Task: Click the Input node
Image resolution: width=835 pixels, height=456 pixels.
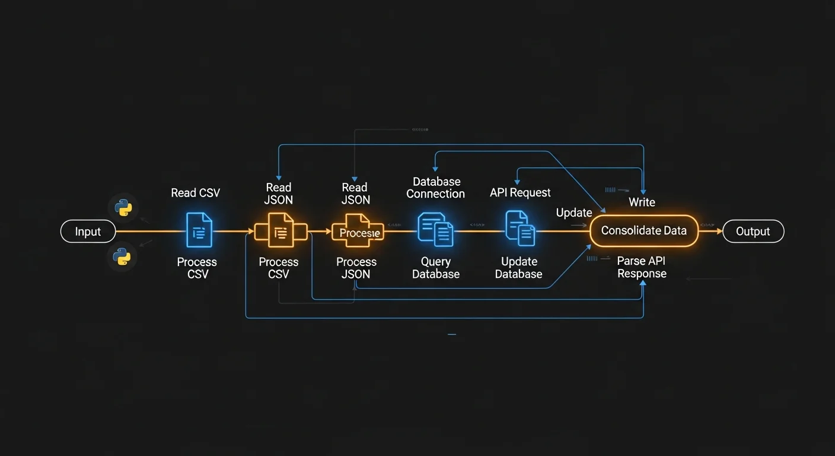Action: pyautogui.click(x=88, y=232)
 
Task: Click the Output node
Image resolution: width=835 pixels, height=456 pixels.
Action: pyautogui.click(x=753, y=232)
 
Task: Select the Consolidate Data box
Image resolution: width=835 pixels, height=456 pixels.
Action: pyautogui.click(x=644, y=231)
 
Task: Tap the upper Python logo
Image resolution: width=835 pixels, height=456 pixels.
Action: pyautogui.click(x=123, y=208)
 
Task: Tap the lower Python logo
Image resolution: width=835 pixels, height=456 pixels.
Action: pyautogui.click(x=123, y=256)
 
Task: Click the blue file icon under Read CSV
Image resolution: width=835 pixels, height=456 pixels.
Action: pyautogui.click(x=199, y=230)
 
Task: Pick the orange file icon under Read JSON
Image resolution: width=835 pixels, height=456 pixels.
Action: pyautogui.click(x=280, y=231)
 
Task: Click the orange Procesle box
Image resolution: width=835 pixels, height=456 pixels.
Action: pyautogui.click(x=358, y=232)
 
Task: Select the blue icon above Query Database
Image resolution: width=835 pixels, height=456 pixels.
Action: pyautogui.click(x=436, y=230)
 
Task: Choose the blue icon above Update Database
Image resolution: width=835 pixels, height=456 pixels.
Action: pyautogui.click(x=520, y=228)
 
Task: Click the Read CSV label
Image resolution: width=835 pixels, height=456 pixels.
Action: pyautogui.click(x=196, y=193)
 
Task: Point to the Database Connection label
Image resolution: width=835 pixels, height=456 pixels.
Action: pyautogui.click(x=436, y=188)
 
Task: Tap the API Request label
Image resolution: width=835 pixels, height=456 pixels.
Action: pyautogui.click(x=520, y=193)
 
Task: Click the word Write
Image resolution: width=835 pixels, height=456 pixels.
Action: pyautogui.click(x=642, y=202)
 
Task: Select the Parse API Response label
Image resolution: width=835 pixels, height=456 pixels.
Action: pyautogui.click(x=642, y=267)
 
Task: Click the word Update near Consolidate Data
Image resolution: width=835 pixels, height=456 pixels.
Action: pyautogui.click(x=574, y=213)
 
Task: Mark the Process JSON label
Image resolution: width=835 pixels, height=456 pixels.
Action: pyautogui.click(x=356, y=268)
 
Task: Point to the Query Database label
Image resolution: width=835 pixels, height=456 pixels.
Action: pyautogui.click(x=436, y=268)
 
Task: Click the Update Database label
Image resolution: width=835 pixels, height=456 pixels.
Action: pyautogui.click(x=519, y=268)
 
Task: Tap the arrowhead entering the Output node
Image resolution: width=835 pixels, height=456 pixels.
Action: pyautogui.click(x=719, y=232)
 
